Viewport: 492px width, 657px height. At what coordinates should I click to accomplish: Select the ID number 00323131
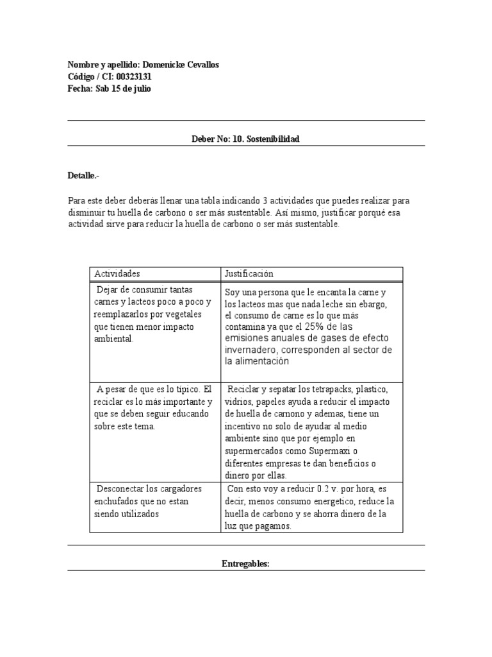click(131, 78)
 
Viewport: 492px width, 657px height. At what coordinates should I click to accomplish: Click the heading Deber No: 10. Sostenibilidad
click(245, 139)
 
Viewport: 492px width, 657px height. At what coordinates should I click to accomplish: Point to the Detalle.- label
click(83, 176)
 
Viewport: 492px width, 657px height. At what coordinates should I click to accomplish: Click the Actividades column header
click(117, 274)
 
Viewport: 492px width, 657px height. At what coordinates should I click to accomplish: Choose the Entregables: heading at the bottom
click(245, 564)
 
